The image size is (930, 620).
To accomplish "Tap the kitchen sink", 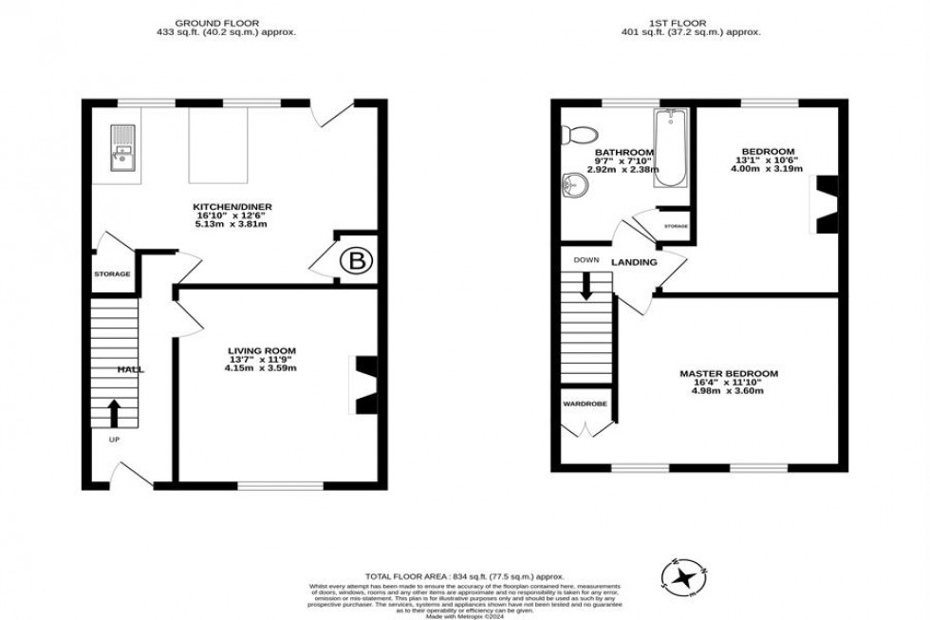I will coord(124,153).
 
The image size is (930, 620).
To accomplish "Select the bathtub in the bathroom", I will coord(670,149).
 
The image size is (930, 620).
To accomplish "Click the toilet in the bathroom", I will coord(580,134).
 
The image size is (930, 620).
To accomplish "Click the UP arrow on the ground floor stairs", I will coord(114,412).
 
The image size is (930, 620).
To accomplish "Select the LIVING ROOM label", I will coord(250,350).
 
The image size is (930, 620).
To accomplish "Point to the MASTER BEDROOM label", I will coord(728,373).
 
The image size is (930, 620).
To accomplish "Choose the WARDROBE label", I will coord(584,403).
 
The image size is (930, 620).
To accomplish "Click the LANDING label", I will coord(634,262).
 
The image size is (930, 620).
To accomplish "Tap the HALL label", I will coord(130,368).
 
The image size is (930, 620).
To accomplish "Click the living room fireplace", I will coord(364,384).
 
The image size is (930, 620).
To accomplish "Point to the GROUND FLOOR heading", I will coord(226,22).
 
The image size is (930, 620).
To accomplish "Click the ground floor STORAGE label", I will coord(112,274).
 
